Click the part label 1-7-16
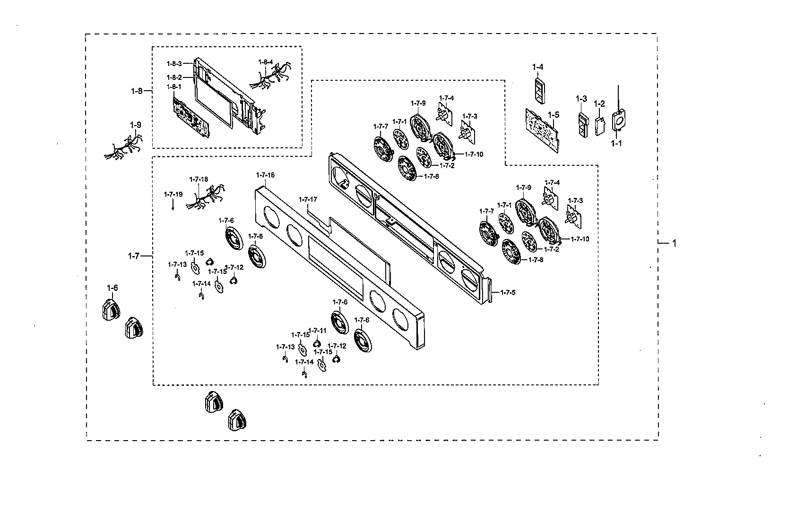[x=265, y=175]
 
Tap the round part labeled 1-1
[x=618, y=120]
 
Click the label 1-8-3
[x=174, y=63]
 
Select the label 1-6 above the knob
[x=112, y=288]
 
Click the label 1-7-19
[x=173, y=194]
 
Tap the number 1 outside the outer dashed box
[x=675, y=243]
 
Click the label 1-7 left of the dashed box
[x=134, y=256]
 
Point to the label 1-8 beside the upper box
[x=137, y=91]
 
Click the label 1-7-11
[x=317, y=331]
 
